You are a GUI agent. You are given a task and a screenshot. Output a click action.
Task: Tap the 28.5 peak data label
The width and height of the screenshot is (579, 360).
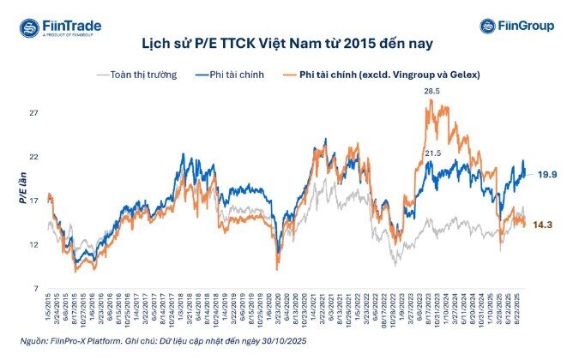432,91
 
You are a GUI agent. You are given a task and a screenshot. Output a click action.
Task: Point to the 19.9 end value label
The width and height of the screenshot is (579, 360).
547,174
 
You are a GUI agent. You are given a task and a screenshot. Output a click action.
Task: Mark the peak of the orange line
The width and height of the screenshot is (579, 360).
431,100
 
